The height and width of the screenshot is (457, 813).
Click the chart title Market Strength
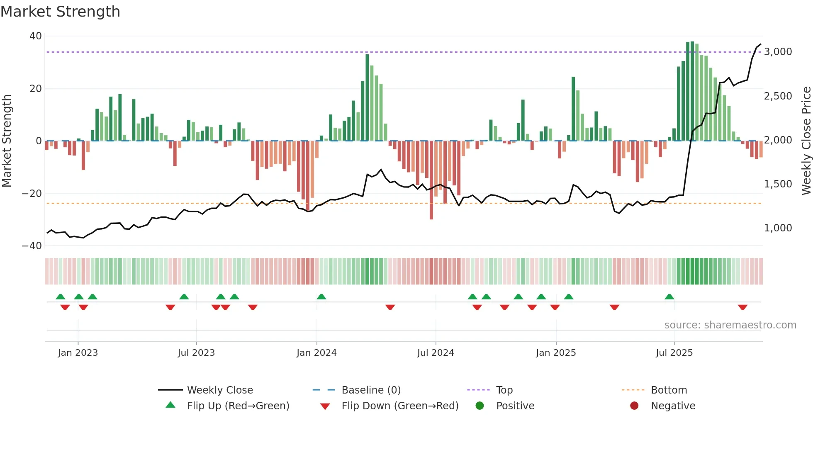pyautogui.click(x=60, y=12)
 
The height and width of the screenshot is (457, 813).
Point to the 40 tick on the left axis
pyautogui.click(x=36, y=36)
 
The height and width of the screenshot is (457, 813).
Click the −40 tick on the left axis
pyautogui.click(x=32, y=246)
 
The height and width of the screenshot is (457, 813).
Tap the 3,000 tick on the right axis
pyautogui.click(x=778, y=52)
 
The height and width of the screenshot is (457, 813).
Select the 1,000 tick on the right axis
pyautogui.click(x=778, y=228)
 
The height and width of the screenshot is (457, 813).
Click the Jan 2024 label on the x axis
pyautogui.click(x=316, y=353)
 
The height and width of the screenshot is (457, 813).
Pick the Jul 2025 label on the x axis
pyautogui.click(x=674, y=353)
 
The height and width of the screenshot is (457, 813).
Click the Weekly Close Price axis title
pyautogui.click(x=806, y=141)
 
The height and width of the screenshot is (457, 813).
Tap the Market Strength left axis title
pyautogui.click(x=7, y=141)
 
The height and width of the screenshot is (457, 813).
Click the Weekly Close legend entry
pyautogui.click(x=219, y=390)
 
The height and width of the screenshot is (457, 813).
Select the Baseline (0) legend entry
pyautogui.click(x=371, y=390)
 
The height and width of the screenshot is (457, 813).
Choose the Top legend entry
pyautogui.click(x=504, y=390)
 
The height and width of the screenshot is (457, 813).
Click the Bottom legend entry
pyautogui.click(x=669, y=390)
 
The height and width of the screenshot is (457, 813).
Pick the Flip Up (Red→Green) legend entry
pyautogui.click(x=238, y=406)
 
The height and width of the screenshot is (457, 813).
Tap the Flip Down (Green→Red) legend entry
pyautogui.click(x=400, y=406)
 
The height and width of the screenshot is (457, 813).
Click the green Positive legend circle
pyautogui.click(x=480, y=406)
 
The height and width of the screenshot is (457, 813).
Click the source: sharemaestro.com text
pyautogui.click(x=730, y=325)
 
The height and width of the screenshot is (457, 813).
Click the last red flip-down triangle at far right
pyautogui.click(x=742, y=307)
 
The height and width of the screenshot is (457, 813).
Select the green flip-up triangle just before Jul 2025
pyautogui.click(x=669, y=297)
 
